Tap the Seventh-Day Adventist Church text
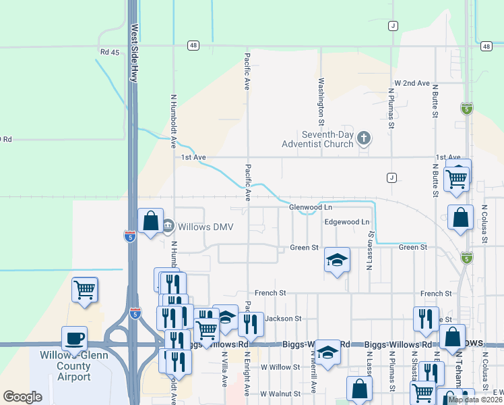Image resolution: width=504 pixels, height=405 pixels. coord(319,139)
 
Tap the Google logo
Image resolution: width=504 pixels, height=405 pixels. coord(22,396)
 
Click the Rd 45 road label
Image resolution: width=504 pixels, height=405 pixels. coord(109,52)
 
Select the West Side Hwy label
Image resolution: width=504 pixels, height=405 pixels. coord(135,54)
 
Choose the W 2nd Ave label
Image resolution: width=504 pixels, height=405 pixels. coord(412,83)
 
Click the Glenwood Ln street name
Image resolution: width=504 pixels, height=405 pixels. coord(311,207)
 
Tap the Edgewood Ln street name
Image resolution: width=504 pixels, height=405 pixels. coord(347,221)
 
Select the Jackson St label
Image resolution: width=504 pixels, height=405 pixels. coord(282,318)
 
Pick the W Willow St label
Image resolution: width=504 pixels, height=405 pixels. coord(280,367)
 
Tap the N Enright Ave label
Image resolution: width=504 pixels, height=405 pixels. coord(247,373)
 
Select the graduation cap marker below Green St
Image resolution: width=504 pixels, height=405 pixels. coord(337,261)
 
